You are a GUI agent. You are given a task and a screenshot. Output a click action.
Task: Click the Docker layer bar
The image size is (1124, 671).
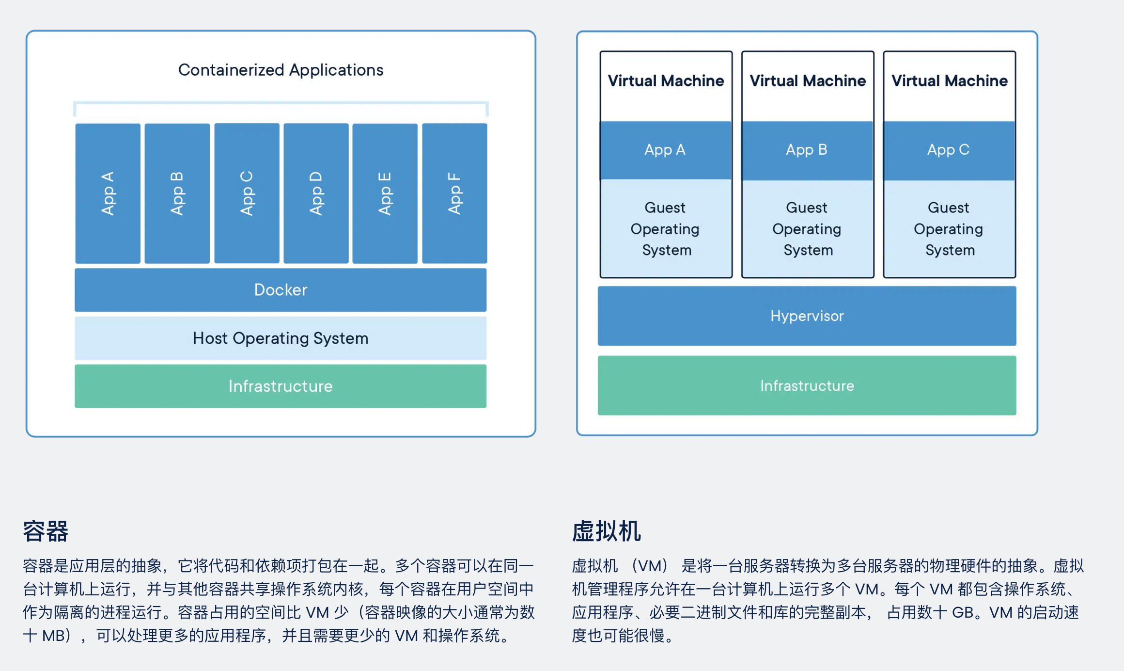click(281, 289)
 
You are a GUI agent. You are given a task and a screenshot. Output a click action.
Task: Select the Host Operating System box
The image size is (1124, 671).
click(281, 338)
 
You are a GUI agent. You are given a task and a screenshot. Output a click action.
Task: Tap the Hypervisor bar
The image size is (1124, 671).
click(807, 316)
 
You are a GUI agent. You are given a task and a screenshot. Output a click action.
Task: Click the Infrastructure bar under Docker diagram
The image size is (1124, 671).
click(281, 386)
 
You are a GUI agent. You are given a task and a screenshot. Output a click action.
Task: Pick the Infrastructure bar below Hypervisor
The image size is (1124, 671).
click(807, 385)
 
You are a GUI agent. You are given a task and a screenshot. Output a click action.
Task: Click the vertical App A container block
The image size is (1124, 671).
click(108, 193)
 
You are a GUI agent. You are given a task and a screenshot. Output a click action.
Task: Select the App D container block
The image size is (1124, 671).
click(316, 193)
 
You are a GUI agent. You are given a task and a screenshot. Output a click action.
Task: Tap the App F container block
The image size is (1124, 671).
click(454, 193)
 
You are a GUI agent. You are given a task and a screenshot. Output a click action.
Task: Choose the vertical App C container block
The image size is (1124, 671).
click(247, 193)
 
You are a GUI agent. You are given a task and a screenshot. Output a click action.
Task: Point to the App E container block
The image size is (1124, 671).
click(385, 193)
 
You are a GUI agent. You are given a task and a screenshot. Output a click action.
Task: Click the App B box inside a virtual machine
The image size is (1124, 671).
click(807, 150)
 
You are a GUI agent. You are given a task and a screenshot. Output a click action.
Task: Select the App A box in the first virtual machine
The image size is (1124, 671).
click(665, 150)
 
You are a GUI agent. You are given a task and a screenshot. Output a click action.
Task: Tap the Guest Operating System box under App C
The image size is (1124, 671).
click(949, 228)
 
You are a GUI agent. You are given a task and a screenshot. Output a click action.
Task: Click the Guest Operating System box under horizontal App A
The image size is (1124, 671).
click(665, 228)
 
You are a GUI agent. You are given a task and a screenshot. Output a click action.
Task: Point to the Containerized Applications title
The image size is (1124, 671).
click(281, 70)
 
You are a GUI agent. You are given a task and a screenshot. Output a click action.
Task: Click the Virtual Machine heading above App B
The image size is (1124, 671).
click(808, 80)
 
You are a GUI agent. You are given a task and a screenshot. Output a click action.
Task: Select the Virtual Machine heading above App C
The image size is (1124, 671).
click(949, 80)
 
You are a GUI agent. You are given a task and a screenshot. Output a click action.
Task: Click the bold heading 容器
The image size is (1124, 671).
click(46, 531)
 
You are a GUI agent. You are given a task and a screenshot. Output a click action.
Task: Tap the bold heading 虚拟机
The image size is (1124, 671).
click(606, 531)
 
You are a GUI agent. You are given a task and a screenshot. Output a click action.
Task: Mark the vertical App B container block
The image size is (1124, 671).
click(177, 193)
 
